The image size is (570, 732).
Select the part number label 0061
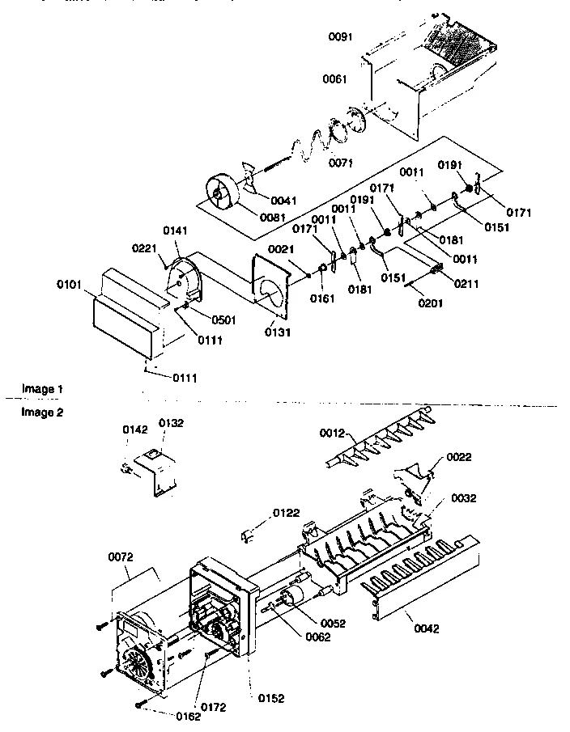334,78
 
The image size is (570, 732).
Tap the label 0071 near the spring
341,163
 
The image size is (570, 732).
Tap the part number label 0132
171,423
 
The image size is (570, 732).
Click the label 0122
286,513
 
